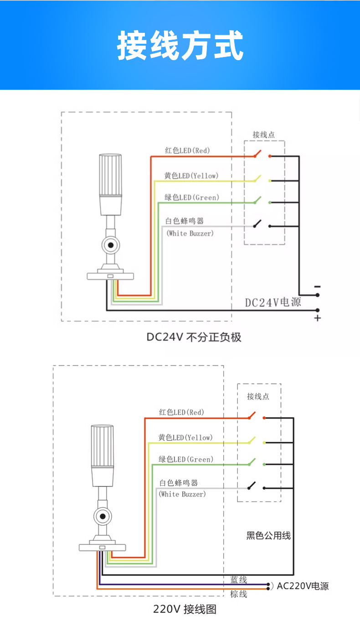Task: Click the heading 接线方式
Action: pos(180,45)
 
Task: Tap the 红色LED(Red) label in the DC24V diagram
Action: pos(187,150)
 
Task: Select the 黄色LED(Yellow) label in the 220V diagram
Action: pos(185,437)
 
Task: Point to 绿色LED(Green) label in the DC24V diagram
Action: pos(191,197)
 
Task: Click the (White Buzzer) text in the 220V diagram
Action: pos(182,494)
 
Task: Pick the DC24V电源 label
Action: pos(273,302)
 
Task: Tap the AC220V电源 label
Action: pos(303,586)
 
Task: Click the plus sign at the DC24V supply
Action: pos(318,318)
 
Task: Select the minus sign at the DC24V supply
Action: pos(318,287)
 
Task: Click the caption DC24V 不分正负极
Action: pos(194,337)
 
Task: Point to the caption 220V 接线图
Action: pos(185,609)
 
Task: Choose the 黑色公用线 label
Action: pos(268,536)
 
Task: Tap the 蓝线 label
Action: pos(239,580)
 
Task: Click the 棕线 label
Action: pos(239,594)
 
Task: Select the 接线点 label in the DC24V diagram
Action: pos(264,135)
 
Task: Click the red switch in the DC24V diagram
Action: pos(258,154)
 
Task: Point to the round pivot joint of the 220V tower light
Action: pos(103,517)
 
